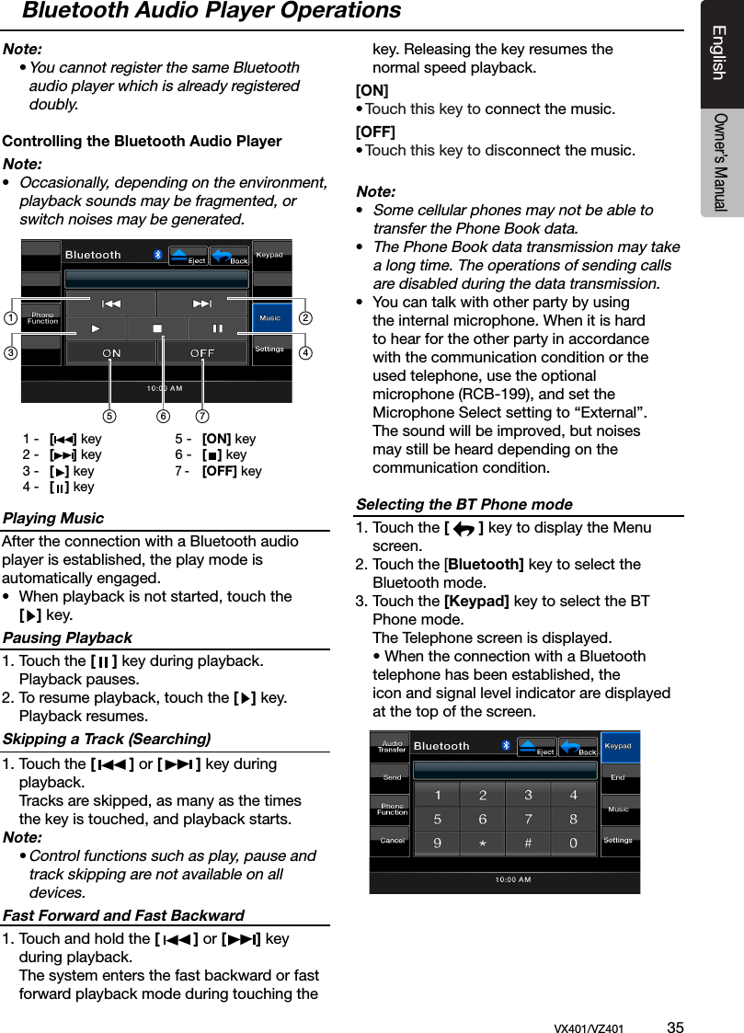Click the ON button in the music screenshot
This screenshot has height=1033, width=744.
pos(111,353)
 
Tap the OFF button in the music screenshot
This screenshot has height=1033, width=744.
pos(202,353)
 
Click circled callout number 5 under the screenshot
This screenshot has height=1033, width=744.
pos(111,415)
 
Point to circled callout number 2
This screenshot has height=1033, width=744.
pos(305,318)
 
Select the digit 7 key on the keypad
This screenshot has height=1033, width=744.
pos(529,819)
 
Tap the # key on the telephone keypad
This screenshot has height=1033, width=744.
pos(529,843)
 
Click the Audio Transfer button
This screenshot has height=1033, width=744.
pos(393,746)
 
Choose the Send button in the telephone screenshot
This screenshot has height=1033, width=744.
pos(392,778)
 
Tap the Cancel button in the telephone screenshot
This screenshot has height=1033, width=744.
pos(392,840)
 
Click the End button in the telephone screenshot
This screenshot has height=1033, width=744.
pos(618,778)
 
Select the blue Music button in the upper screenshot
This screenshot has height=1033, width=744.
pos(270,318)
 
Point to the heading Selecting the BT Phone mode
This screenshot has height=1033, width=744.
pos(464,504)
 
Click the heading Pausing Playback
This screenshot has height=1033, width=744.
pos(67,637)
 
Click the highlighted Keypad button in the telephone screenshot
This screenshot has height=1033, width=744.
pos(618,746)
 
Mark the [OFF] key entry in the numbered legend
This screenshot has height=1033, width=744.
pos(231,471)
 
